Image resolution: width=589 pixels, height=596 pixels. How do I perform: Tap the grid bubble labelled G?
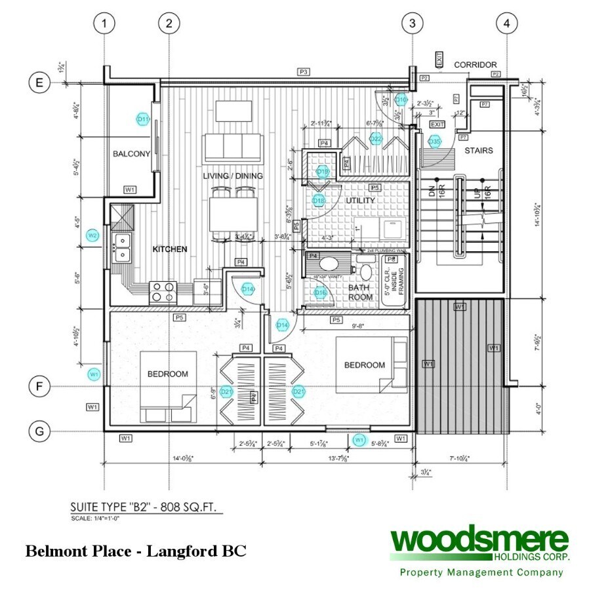[39, 431]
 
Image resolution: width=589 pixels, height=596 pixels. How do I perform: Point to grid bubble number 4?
[506, 24]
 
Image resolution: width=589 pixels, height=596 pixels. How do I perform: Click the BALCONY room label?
[132, 154]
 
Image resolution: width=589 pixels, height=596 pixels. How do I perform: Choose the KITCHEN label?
[170, 249]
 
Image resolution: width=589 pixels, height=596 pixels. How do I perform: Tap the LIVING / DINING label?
[232, 176]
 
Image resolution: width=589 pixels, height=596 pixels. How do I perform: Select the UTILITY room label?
[360, 200]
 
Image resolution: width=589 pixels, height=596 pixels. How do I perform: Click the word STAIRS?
[478, 150]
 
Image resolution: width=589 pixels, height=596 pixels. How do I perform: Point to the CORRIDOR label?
[476, 64]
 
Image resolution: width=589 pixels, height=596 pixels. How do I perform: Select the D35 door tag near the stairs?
[434, 141]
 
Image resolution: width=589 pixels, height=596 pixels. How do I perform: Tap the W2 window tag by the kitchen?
[93, 235]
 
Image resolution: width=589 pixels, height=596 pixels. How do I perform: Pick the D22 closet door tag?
[376, 138]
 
